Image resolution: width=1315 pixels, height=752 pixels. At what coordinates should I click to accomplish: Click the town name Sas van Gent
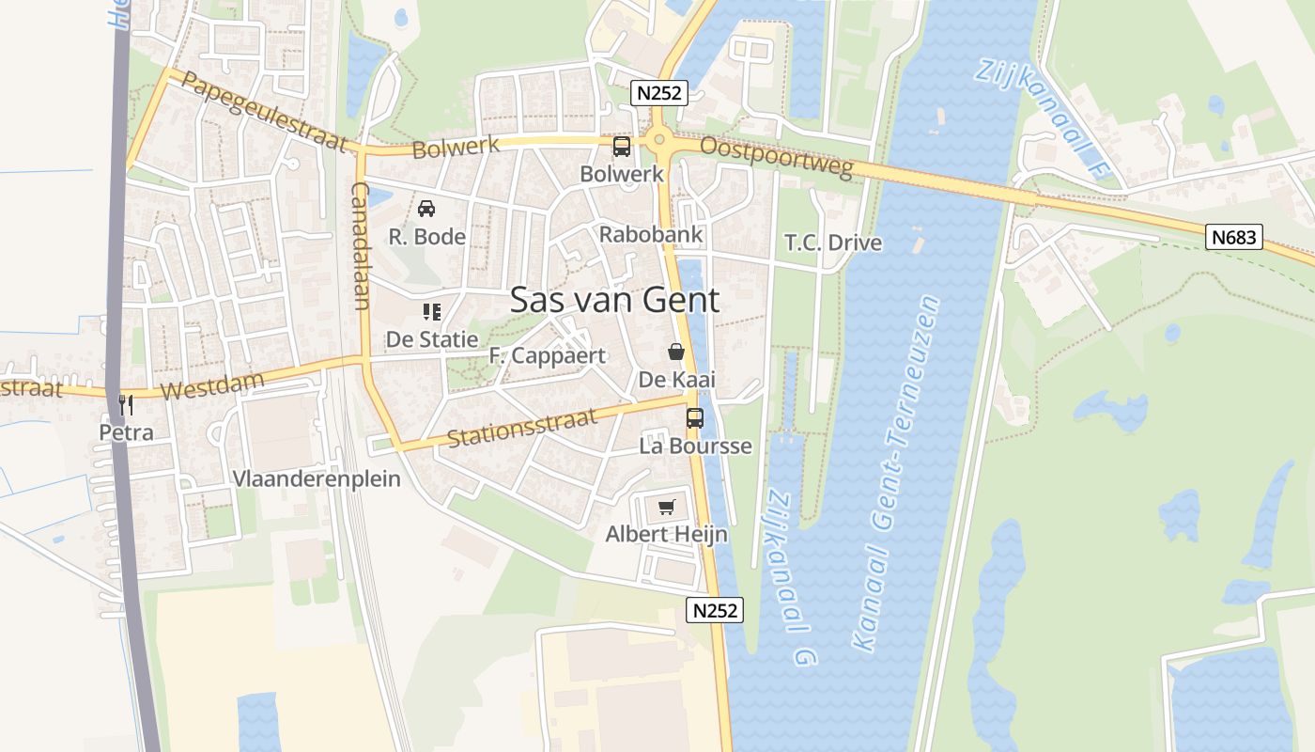614,300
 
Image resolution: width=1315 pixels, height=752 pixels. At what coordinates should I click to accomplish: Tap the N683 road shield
1233,237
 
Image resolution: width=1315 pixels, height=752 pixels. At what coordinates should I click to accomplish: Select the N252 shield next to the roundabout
659,92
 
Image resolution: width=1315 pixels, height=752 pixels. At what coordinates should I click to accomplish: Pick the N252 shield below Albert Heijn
716,610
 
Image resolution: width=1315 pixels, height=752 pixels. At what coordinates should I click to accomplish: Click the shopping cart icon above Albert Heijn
667,508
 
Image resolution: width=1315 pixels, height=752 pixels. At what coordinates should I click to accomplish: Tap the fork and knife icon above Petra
126,405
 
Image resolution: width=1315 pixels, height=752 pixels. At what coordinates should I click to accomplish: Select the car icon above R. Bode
426,209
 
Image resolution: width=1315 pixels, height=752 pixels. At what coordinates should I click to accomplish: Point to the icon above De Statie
432,311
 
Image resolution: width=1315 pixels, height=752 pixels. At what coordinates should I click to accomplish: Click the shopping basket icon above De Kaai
676,352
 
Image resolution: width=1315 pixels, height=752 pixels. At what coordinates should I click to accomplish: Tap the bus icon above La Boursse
695,418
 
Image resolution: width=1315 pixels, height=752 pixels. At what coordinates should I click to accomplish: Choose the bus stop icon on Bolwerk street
622,147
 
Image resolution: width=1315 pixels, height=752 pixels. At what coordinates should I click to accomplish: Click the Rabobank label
651,234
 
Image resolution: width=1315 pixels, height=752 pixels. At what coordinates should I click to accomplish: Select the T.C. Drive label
833,243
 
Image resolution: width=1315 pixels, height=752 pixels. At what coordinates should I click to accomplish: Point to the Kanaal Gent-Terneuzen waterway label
896,475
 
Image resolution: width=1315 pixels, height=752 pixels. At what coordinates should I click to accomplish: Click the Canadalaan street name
361,246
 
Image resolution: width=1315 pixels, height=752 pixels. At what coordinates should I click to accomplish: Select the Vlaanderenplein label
317,478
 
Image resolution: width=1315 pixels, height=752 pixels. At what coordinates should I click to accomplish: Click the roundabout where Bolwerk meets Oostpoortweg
659,142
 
